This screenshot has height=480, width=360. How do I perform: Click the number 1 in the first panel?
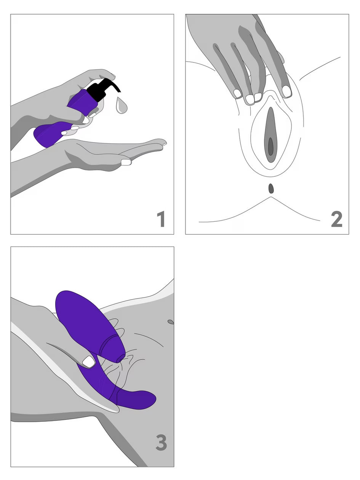(x=161, y=220)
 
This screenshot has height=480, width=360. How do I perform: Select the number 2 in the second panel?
(x=336, y=219)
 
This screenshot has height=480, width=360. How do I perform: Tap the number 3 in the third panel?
(x=161, y=443)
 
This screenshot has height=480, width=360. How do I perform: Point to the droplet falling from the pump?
(x=122, y=106)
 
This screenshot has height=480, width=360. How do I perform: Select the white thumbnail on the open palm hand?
(x=126, y=162)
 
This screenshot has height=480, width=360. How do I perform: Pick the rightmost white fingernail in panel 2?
(x=286, y=91)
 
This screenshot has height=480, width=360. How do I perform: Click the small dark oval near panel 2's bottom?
(x=271, y=188)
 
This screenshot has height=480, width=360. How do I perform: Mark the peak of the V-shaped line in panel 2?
(x=271, y=197)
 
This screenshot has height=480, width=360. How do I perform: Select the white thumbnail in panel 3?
(x=89, y=362)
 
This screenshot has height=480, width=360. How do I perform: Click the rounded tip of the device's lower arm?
(x=149, y=398)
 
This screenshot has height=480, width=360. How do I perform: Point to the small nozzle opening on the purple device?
(x=120, y=359)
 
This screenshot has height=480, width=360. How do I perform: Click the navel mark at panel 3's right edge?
(x=171, y=322)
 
